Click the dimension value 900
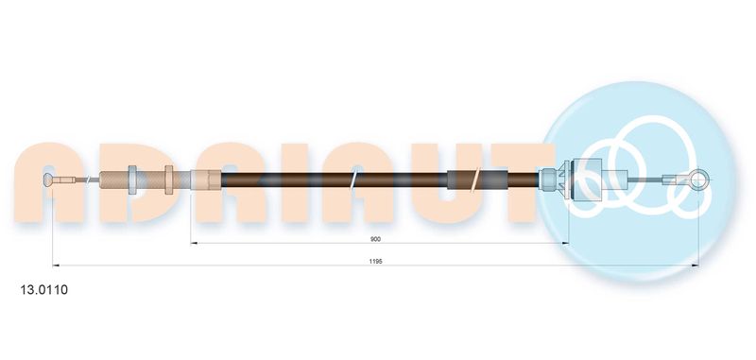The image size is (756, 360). click(x=374, y=238)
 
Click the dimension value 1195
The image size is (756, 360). click(x=375, y=261)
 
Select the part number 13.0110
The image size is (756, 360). click(x=43, y=290)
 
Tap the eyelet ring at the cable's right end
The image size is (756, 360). click(x=697, y=180)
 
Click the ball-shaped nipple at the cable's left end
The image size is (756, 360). click(x=48, y=180)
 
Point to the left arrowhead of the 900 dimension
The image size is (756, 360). click(x=195, y=243)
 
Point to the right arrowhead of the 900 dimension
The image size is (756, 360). click(x=565, y=243)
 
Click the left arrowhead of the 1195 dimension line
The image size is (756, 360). click(x=56, y=266)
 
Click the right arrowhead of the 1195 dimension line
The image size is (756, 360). click(x=695, y=266)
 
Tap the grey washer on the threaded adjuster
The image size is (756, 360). click(x=132, y=180)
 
